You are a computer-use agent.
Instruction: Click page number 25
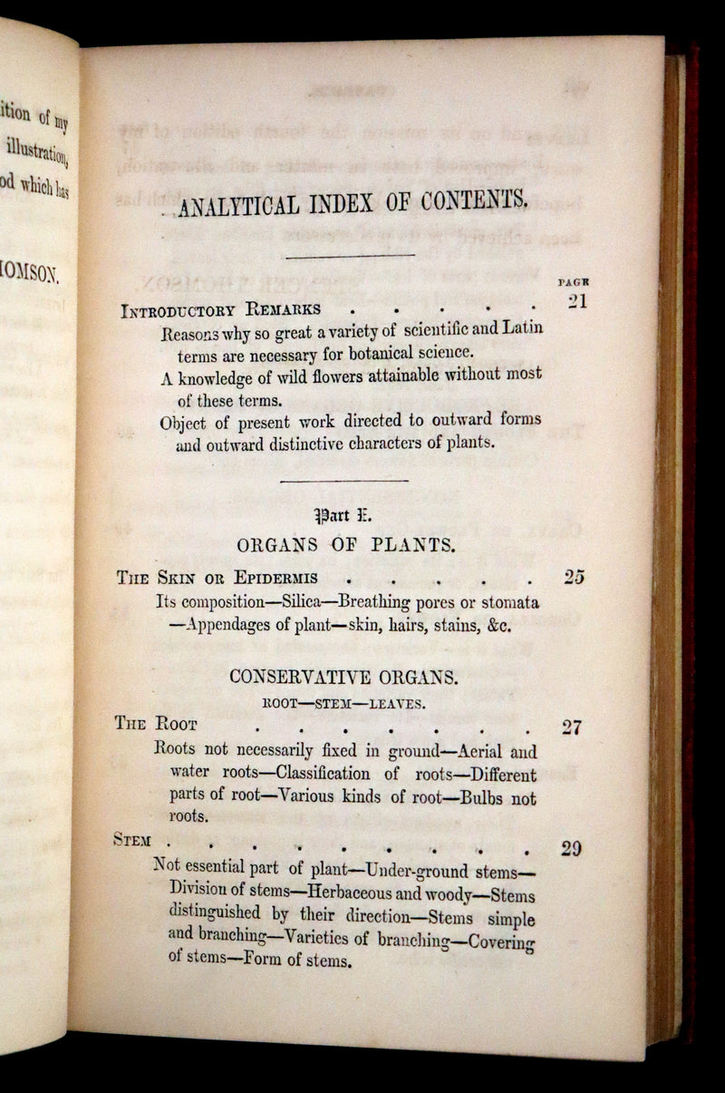click(x=573, y=577)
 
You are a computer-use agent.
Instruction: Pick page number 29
click(x=571, y=849)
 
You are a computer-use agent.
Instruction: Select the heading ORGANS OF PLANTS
click(x=345, y=546)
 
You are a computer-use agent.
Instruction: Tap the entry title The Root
click(x=156, y=724)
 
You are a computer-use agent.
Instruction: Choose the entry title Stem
click(x=132, y=840)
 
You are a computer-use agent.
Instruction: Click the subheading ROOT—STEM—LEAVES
click(x=343, y=701)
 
